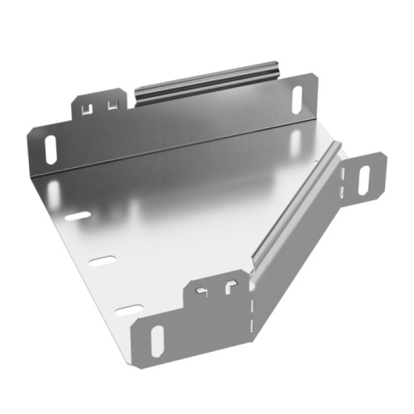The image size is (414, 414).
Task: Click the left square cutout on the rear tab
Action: point(88,105)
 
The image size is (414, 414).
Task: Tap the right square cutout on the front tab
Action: point(226,288)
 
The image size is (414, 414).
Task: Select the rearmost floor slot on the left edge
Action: point(77,216)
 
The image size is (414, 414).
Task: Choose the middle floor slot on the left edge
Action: point(103,262)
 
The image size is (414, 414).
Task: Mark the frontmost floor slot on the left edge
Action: point(128,310)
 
